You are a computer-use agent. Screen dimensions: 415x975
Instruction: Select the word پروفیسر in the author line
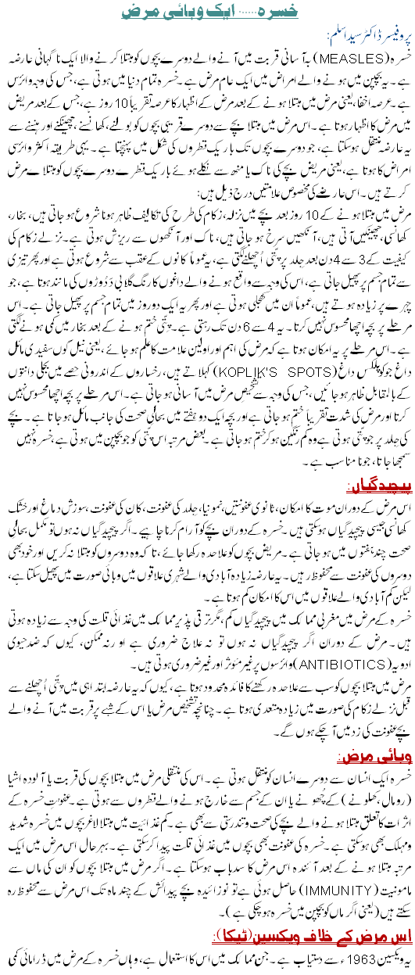(388, 38)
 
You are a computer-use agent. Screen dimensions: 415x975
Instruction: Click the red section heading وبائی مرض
(378, 757)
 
